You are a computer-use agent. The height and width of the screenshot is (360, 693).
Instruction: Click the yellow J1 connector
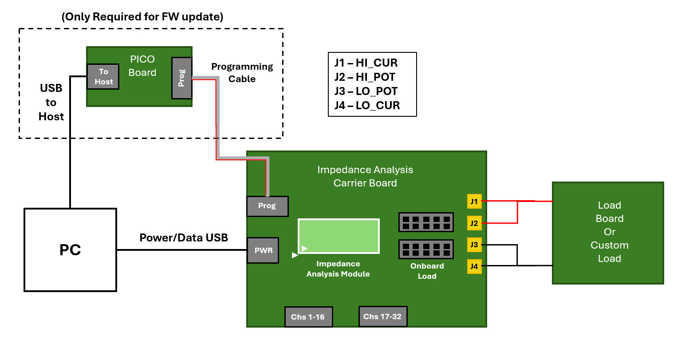474,202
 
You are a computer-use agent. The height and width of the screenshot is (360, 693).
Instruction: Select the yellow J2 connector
474,223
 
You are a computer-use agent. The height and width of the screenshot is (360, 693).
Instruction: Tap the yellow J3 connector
474,245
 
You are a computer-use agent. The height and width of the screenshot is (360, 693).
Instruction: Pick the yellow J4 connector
474,266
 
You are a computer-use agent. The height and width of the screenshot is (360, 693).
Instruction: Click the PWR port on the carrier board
263,250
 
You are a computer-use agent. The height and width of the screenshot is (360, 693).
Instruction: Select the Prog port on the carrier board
267,206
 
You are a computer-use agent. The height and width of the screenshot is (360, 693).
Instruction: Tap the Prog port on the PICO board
182,78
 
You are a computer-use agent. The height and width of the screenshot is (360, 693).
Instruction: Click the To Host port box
103,77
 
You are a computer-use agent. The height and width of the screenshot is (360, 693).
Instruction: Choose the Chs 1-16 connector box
308,317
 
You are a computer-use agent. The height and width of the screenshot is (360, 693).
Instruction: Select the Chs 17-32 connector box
382,316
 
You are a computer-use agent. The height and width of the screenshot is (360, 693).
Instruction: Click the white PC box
70,250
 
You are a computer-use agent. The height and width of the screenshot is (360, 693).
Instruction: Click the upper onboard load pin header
426,222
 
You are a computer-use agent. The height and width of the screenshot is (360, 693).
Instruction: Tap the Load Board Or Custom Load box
608,233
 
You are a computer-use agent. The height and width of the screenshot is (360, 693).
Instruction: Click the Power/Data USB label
184,238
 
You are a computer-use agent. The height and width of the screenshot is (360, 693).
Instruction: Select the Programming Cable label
242,73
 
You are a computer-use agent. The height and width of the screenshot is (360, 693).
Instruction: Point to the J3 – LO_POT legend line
366,91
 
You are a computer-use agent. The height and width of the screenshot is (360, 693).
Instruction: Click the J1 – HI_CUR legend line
366,63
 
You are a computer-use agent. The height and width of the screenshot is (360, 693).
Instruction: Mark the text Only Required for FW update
142,17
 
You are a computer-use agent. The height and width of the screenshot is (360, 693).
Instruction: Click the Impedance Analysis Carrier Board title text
365,176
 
